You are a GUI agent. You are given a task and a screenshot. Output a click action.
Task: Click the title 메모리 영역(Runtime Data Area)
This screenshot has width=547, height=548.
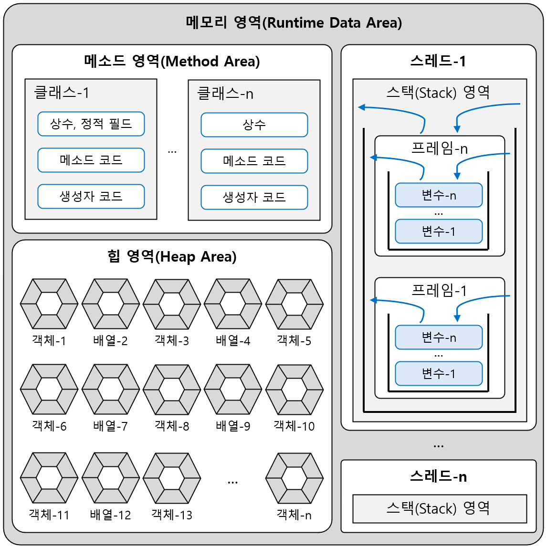pyautogui.click(x=294, y=22)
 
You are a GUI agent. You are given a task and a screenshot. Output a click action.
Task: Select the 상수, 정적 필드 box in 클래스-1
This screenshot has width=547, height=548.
pyautogui.click(x=91, y=124)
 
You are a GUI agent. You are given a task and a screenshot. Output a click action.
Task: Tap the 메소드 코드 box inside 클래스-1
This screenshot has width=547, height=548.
pyautogui.click(x=91, y=160)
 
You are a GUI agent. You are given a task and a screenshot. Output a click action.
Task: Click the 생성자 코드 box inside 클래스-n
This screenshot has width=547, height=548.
pyautogui.click(x=254, y=197)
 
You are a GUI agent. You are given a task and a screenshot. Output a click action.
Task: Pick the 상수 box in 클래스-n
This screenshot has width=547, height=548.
pyautogui.click(x=254, y=125)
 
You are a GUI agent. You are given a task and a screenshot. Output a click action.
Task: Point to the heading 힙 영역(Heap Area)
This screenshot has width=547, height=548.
pyautogui.click(x=172, y=257)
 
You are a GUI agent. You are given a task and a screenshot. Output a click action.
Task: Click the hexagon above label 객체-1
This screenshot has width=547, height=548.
pyautogui.click(x=49, y=304)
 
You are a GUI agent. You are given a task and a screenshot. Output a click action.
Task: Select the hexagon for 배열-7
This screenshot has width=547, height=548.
pyautogui.click(x=110, y=390)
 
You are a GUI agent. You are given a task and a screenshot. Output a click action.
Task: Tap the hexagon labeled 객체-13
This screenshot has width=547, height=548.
pyautogui.click(x=172, y=478)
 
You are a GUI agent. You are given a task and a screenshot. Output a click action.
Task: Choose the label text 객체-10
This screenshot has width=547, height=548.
pyautogui.click(x=294, y=426)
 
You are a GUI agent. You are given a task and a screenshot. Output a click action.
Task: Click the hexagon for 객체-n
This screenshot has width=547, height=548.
pyautogui.click(x=294, y=478)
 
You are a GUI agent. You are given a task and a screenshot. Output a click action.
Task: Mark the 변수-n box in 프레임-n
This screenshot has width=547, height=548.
pyautogui.click(x=439, y=195)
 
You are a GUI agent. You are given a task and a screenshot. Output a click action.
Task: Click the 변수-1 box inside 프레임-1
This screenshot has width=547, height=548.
pyautogui.click(x=439, y=373)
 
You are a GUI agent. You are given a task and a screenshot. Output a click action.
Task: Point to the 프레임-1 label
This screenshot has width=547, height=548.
pyautogui.click(x=439, y=290)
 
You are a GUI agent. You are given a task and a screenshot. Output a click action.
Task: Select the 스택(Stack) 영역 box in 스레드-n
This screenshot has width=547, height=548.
pyautogui.click(x=439, y=508)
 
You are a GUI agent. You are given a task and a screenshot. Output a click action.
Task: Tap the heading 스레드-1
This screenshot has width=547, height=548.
pyautogui.click(x=438, y=61)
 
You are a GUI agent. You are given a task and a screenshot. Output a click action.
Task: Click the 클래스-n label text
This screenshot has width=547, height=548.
pyautogui.click(x=225, y=94)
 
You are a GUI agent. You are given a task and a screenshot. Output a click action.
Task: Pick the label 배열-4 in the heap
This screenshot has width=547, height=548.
pyautogui.click(x=233, y=341)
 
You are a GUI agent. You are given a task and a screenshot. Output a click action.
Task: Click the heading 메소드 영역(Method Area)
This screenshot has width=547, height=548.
pyautogui.click(x=172, y=61)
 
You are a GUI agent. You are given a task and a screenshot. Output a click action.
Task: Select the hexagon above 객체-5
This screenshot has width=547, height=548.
pyautogui.click(x=294, y=304)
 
